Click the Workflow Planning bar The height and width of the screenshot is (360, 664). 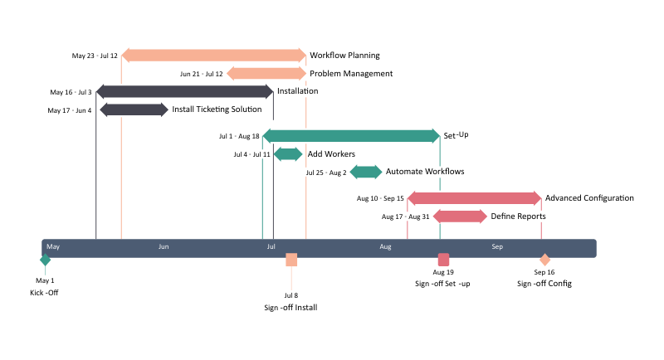click(x=213, y=56)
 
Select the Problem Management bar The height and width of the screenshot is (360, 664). click(x=266, y=73)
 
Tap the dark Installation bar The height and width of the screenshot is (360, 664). click(x=184, y=91)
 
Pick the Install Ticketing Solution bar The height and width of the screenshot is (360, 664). click(x=134, y=109)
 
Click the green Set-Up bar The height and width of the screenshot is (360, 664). click(x=351, y=135)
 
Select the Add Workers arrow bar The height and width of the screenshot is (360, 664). click(x=288, y=153)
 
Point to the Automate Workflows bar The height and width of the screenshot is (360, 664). click(x=365, y=172)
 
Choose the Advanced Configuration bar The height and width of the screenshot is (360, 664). click(x=474, y=198)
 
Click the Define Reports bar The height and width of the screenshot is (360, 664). click(x=460, y=216)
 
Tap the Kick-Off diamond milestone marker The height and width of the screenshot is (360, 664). click(x=45, y=260)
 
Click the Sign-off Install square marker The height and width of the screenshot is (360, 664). click(x=291, y=260)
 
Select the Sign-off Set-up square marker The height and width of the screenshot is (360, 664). click(x=443, y=260)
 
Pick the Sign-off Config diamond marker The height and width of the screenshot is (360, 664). click(x=544, y=260)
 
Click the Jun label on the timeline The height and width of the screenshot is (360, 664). click(x=164, y=247)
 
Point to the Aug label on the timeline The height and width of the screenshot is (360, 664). click(x=386, y=247)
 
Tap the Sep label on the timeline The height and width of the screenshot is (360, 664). click(x=497, y=247)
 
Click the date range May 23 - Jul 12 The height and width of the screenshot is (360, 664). click(x=95, y=56)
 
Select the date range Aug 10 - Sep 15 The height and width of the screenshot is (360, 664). click(x=380, y=198)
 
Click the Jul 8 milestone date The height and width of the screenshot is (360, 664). click(x=290, y=295)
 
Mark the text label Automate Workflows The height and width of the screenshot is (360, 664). click(x=425, y=172)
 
